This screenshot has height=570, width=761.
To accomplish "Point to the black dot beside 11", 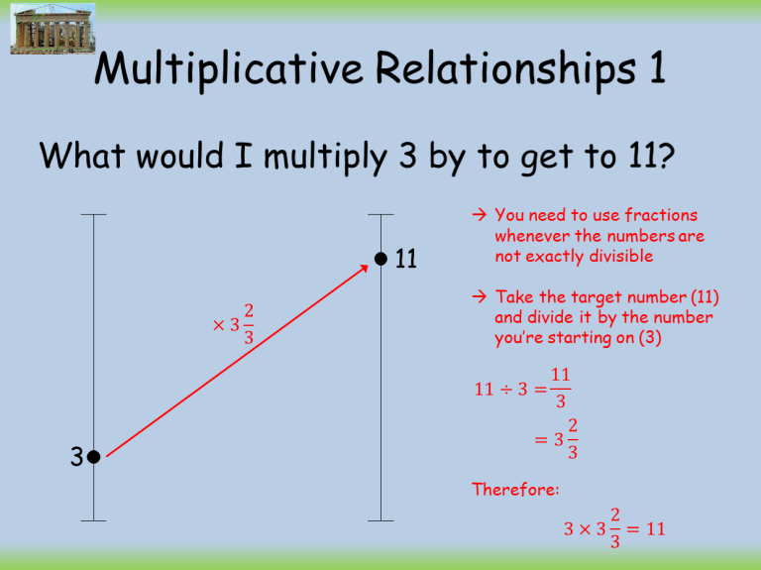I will point(380,260).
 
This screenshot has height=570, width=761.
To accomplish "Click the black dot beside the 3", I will point(92,457).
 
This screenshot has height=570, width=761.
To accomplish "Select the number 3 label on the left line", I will point(75,457).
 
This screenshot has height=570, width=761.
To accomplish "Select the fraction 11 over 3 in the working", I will point(561,389).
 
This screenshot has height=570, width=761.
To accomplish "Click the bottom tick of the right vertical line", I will point(380,520).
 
